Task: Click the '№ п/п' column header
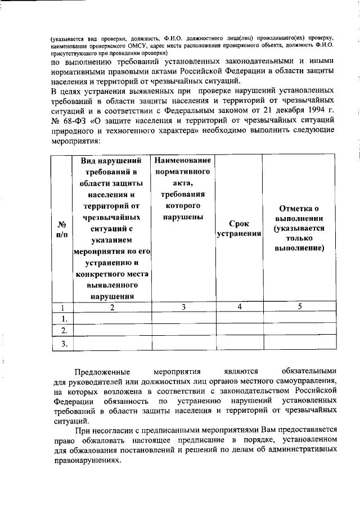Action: click(x=62, y=229)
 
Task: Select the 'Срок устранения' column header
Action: click(x=239, y=229)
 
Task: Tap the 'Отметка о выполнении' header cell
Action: click(x=299, y=229)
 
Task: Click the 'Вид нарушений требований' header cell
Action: click(x=112, y=229)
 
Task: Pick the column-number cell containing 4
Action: click(x=239, y=307)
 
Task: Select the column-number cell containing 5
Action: click(x=299, y=307)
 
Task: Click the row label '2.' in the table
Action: click(x=64, y=330)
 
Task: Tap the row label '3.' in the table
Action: click(x=64, y=343)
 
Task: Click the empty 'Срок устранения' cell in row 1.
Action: click(x=239, y=318)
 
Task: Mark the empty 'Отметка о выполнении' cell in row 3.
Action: click(x=299, y=343)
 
